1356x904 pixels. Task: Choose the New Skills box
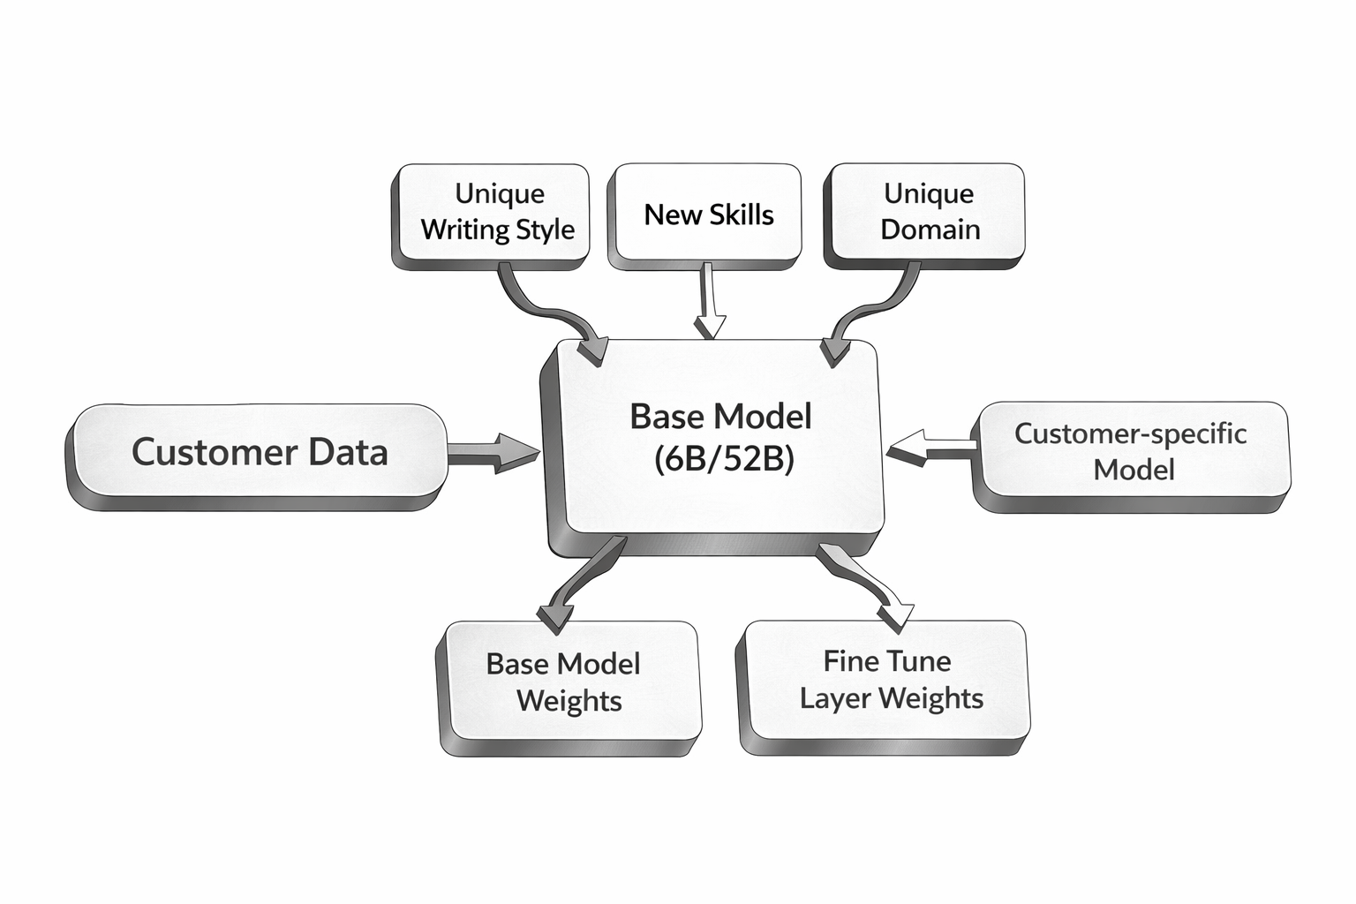coord(708,215)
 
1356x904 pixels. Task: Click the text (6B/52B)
coord(724,459)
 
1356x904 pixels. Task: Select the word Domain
coord(930,230)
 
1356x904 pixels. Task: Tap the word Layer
coord(834,698)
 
